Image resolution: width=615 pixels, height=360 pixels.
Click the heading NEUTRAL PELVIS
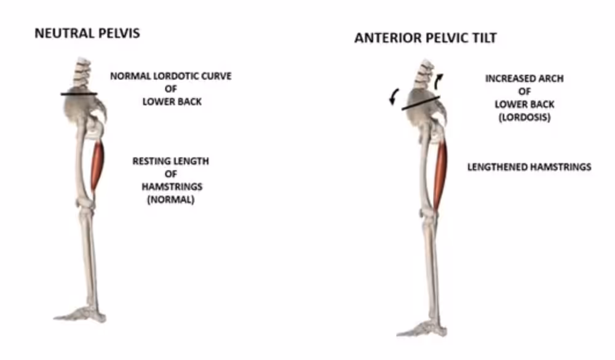[87, 33]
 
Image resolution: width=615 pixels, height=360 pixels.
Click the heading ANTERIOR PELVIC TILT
[426, 38]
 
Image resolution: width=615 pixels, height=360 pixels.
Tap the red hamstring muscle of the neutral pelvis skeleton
[97, 165]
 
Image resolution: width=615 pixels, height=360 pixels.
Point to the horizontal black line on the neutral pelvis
[79, 94]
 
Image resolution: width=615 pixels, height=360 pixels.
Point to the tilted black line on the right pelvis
[421, 103]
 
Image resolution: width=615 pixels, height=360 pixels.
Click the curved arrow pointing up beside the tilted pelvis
[437, 81]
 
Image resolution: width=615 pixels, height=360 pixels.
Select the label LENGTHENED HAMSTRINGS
[530, 167]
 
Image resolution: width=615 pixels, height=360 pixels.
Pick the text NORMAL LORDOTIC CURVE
[170, 76]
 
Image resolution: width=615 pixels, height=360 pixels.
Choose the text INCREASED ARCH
[525, 79]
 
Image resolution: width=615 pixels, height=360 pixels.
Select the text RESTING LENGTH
[170, 161]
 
